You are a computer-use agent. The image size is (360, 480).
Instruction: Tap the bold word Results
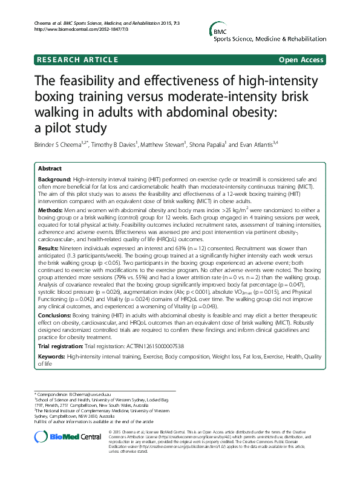[x=48, y=247]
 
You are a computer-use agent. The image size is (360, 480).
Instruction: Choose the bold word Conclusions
[x=54, y=316]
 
